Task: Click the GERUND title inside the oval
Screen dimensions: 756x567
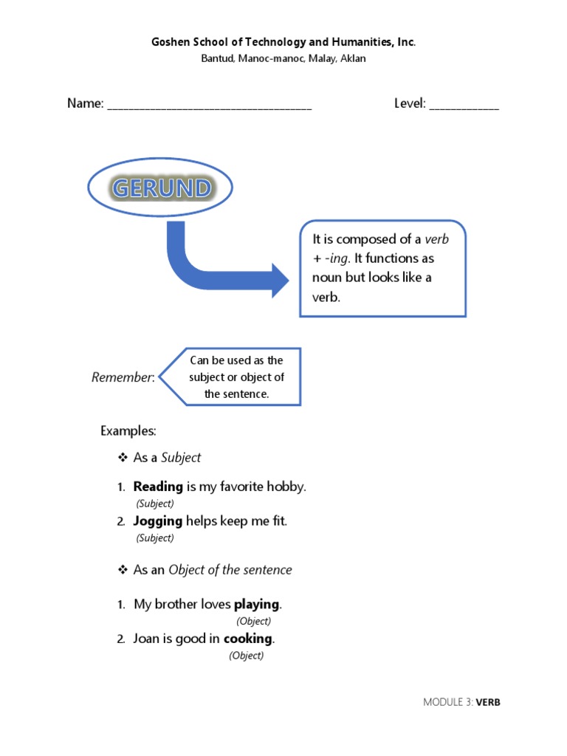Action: (160, 189)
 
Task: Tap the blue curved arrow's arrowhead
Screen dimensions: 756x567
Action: (279, 281)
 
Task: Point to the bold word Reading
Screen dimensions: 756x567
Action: (158, 487)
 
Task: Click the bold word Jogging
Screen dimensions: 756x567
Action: (157, 520)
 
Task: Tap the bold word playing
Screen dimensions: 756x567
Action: (256, 604)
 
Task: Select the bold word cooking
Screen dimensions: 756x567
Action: (248, 638)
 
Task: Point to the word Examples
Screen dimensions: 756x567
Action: (127, 430)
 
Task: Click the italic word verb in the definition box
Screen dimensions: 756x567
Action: (436, 239)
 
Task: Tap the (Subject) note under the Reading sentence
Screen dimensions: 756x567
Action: (155, 504)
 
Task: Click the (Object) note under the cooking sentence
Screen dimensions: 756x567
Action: (246, 655)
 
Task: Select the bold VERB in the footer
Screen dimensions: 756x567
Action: (488, 702)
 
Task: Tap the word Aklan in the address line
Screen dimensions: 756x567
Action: (351, 59)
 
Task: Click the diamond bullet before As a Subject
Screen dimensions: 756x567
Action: (123, 458)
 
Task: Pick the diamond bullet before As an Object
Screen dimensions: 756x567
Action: (123, 570)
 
